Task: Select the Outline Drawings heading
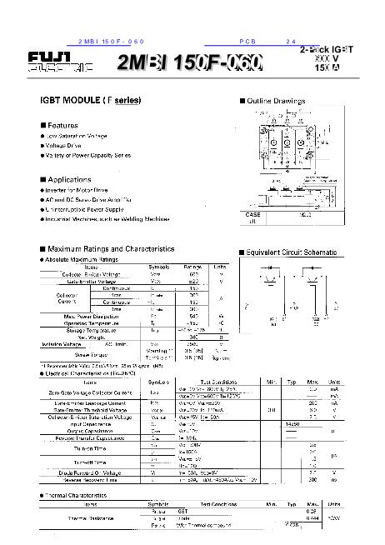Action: pos(276,101)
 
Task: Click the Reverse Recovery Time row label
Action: pos(85,480)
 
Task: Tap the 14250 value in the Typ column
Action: pos(292,423)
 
